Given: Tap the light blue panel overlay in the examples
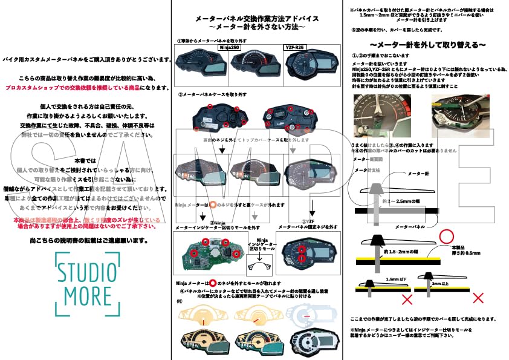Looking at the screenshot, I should pos(310,315).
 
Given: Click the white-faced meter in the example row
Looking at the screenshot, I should pos(310,342).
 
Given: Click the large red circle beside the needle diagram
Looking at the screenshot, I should pos(447,237).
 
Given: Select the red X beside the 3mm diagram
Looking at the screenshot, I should pos(478,298).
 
